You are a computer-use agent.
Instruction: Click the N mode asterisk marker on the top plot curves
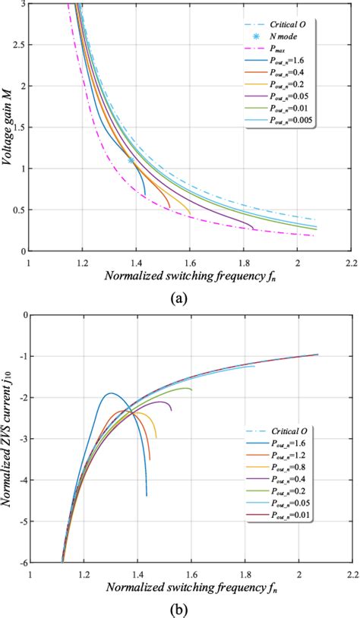pos(131,160)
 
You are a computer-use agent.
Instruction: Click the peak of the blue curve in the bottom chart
pos(112,393)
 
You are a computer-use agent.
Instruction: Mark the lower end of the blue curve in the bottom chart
pos(147,495)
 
